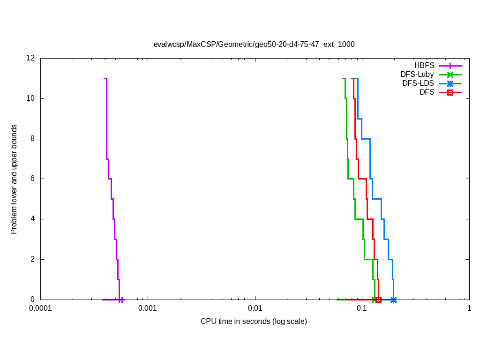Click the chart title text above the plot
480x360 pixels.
[254, 45]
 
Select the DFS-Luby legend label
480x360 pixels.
[417, 75]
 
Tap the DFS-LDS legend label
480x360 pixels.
[418, 83]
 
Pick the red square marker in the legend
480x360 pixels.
[450, 92]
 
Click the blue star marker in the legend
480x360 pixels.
[450, 83]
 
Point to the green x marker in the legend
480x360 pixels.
[450, 75]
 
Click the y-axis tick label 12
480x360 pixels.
[31, 58]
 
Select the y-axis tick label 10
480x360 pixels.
[31, 98]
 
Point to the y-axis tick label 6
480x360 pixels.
[33, 179]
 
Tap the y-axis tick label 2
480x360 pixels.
[33, 259]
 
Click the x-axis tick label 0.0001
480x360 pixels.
[40, 308]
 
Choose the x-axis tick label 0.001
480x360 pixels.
[148, 308]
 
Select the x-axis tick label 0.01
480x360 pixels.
[255, 308]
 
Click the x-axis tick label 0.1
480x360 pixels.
[362, 308]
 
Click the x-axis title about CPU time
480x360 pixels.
[254, 322]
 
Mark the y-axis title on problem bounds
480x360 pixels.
[14, 179]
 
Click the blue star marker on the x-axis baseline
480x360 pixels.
[393, 300]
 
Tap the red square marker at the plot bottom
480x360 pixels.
[378, 300]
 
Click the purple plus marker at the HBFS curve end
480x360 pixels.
[121, 300]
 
